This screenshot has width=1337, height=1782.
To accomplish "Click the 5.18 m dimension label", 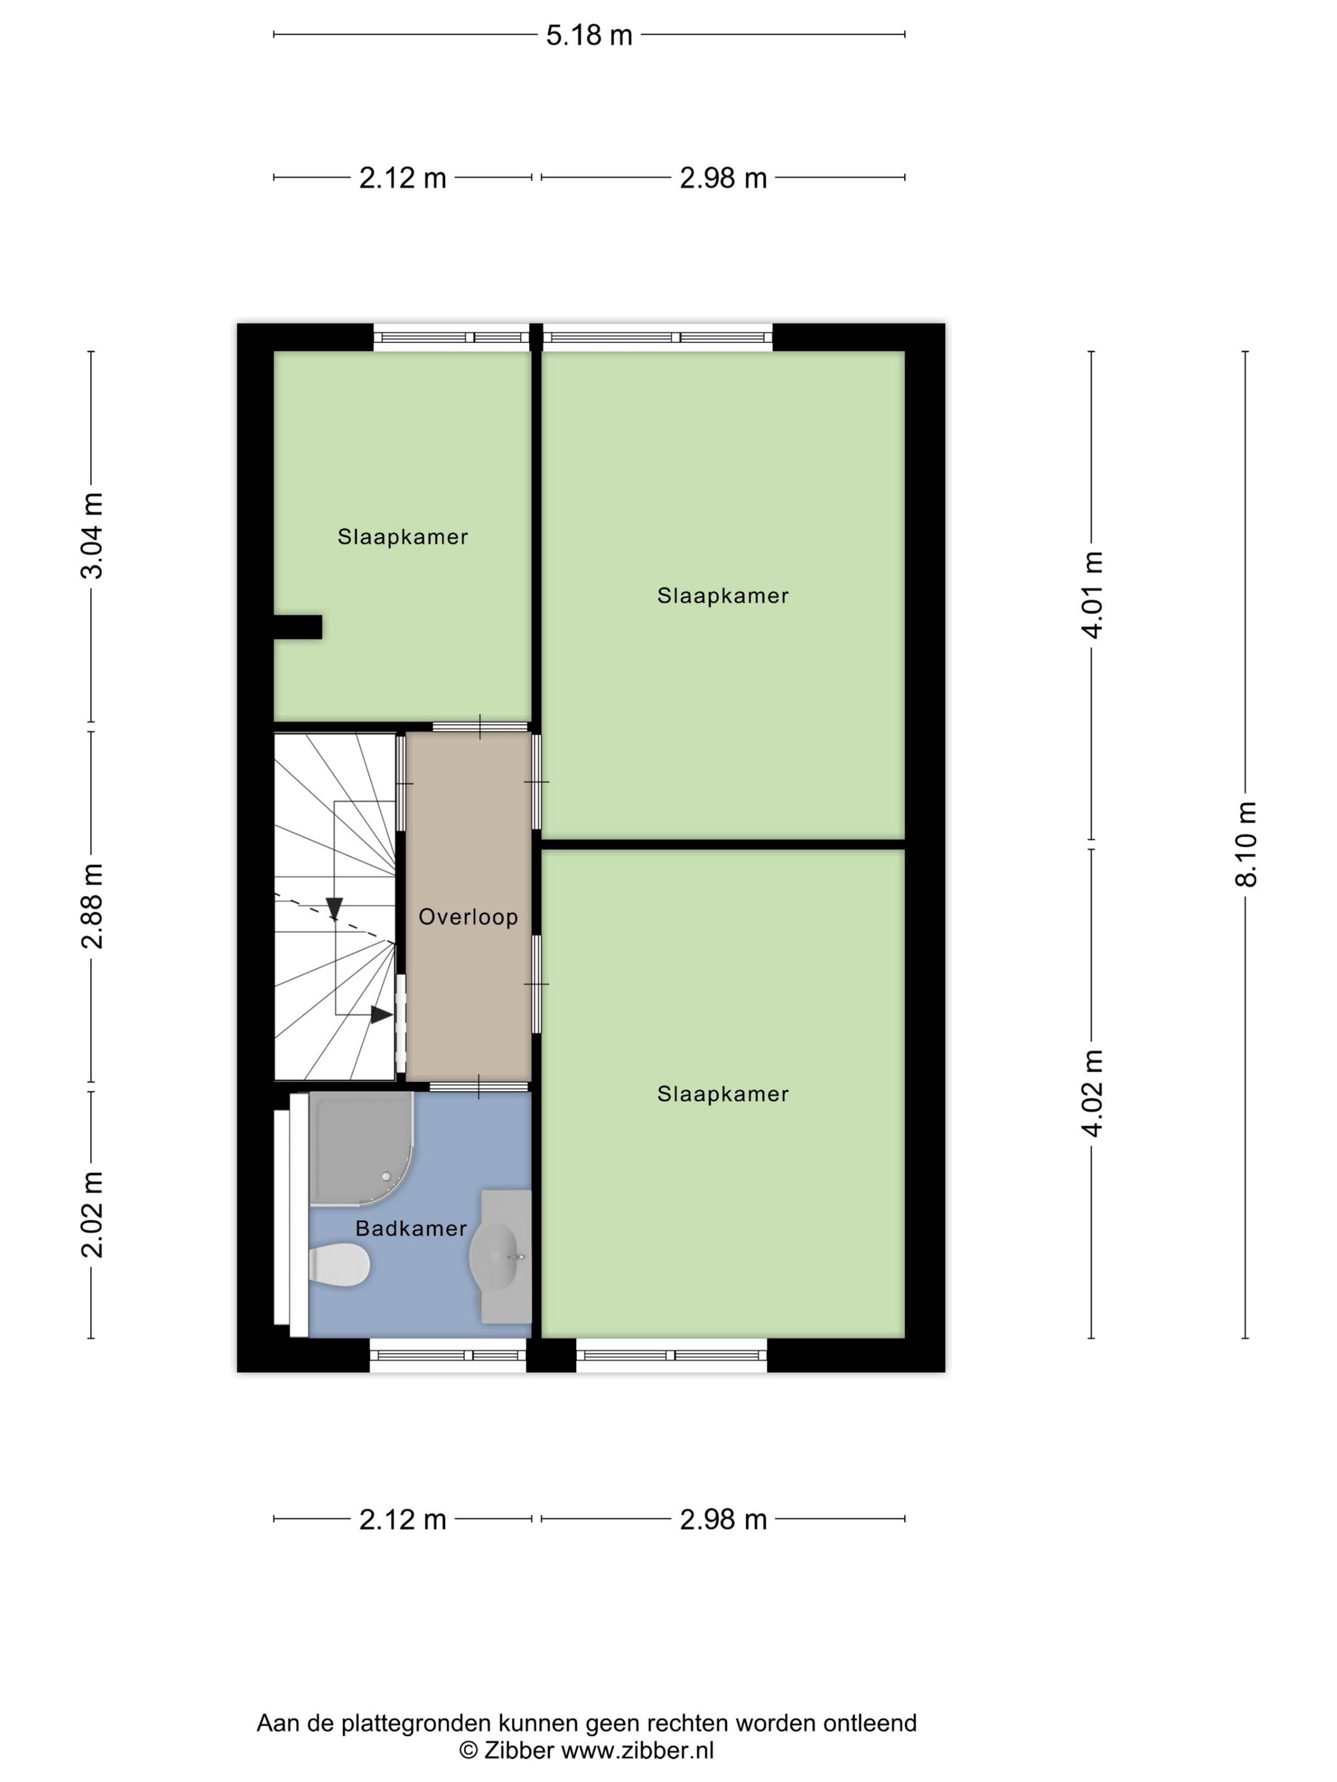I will pos(588,36).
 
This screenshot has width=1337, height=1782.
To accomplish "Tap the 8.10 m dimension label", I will pos(1245,845).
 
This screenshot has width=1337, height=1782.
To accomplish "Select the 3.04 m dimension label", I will pos(92,536).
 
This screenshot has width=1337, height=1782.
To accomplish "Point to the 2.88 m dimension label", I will pos(92,906).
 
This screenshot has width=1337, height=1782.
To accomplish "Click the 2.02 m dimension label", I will pos(92,1215).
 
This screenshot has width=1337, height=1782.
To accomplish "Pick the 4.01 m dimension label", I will pos(1091,594).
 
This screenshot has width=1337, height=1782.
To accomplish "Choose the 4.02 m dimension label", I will pos(1091,1093).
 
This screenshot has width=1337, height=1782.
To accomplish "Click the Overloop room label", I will pos(468,917).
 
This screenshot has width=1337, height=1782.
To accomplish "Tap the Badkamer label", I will pos(411,1228).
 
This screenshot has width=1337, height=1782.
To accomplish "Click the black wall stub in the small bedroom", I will pos(298,627).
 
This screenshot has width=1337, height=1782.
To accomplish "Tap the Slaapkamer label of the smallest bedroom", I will pos(402,537).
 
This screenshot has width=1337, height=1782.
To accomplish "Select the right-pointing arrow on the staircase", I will pos(380,1015).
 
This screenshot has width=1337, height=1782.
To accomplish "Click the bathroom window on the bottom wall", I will pos(448,1356).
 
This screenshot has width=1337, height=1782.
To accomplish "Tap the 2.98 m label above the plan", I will pos(723,178).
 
